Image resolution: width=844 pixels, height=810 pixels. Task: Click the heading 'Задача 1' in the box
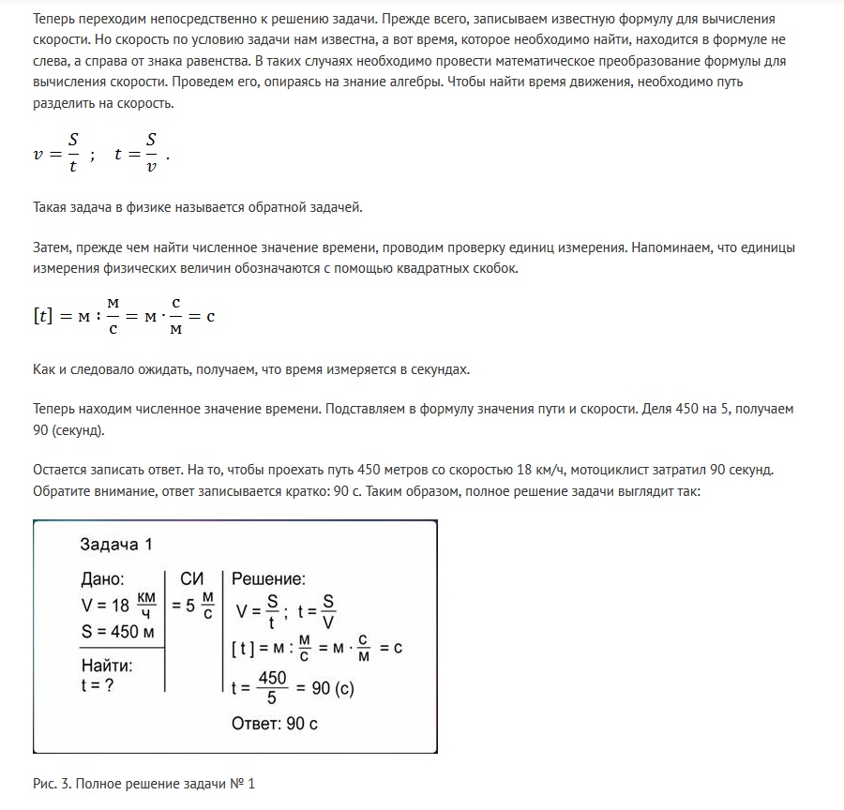[115, 545]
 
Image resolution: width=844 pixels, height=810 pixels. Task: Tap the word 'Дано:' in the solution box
[103, 579]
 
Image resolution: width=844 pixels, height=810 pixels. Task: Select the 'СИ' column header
[191, 579]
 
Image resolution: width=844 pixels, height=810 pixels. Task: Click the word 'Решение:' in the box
[268, 579]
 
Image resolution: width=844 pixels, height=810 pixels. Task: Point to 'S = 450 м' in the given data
[118, 631]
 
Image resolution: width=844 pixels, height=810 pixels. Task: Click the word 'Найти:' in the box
[107, 666]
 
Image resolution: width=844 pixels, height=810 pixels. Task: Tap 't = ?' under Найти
[98, 684]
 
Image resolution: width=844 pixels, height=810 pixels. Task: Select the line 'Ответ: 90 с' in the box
[275, 724]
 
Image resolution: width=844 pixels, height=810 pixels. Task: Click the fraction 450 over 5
[272, 688]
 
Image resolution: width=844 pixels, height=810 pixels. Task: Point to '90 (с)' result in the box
[332, 688]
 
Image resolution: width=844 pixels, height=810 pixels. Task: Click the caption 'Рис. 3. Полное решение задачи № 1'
[143, 783]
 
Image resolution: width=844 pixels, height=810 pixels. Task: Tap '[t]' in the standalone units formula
[43, 317]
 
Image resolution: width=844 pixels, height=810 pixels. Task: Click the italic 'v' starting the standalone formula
[38, 155]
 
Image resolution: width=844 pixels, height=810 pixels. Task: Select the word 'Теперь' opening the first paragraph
[53, 20]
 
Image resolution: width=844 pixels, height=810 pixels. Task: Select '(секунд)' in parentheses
[80, 430]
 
